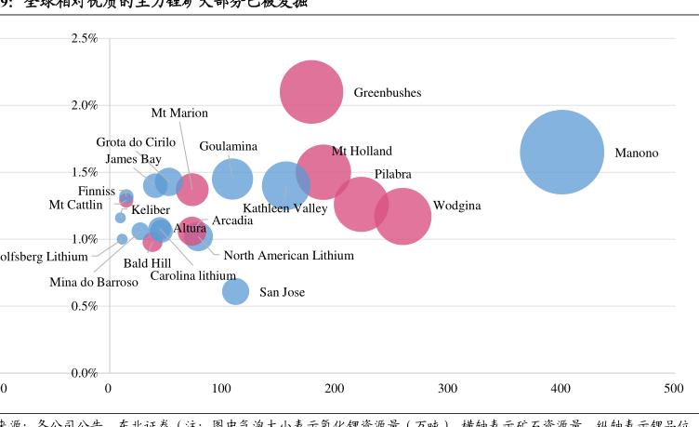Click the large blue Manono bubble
pyautogui.click(x=561, y=153)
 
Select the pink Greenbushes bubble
pyautogui.click(x=313, y=91)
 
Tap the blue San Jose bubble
pyautogui.click(x=236, y=291)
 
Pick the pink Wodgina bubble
pyautogui.click(x=402, y=216)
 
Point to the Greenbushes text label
pyautogui.click(x=387, y=93)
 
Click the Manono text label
pyautogui.click(x=636, y=153)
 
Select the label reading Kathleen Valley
pyautogui.click(x=285, y=208)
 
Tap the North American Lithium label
pyautogui.click(x=288, y=255)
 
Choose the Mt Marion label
pyautogui.click(x=179, y=113)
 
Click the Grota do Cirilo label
pyautogui.click(x=136, y=142)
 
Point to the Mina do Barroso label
pyautogui.click(x=94, y=282)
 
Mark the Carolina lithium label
pyautogui.click(x=193, y=275)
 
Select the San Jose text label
pyautogui.click(x=282, y=292)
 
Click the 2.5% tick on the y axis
pyautogui.click(x=85, y=38)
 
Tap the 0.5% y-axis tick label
pyautogui.click(x=85, y=306)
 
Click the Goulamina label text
pyautogui.click(x=229, y=147)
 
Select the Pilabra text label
pyautogui.click(x=393, y=175)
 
